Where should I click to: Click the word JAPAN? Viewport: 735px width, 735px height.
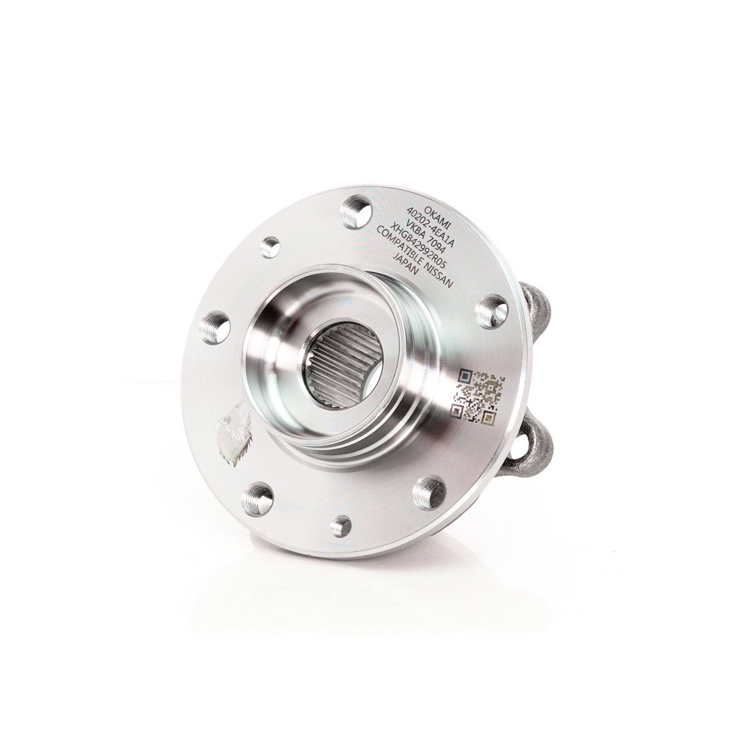coord(406,265)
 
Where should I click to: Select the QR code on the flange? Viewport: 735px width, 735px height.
coord(478,395)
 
